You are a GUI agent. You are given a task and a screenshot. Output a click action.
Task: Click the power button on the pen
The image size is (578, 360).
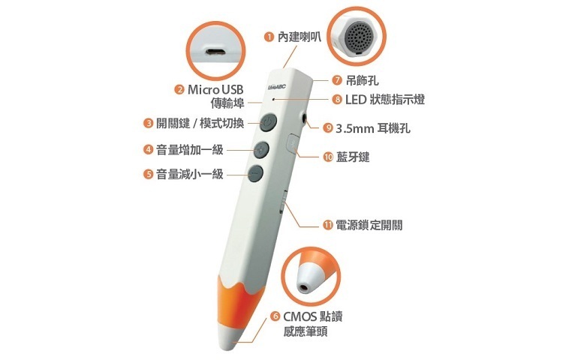[x=269, y=122]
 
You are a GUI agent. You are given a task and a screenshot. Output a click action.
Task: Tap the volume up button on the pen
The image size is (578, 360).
[x=261, y=149]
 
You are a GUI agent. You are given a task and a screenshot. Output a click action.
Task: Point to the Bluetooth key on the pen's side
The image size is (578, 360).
[x=293, y=143]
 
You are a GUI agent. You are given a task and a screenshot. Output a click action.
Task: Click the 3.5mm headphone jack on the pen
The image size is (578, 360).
[x=305, y=118]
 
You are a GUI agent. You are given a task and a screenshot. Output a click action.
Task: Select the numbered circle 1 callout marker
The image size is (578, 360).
[x=269, y=37]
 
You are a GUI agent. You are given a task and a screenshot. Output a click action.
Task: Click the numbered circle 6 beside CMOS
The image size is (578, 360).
[x=275, y=316]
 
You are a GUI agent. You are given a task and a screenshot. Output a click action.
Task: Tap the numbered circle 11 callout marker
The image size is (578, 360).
[x=328, y=225]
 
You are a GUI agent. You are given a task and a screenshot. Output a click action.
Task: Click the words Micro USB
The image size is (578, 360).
[x=215, y=89]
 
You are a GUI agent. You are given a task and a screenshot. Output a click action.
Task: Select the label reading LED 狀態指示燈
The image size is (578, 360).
[x=385, y=100]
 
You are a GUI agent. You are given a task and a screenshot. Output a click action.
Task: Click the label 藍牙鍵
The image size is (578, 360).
[x=353, y=157]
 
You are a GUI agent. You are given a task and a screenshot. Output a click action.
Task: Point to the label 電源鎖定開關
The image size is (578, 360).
[x=369, y=225]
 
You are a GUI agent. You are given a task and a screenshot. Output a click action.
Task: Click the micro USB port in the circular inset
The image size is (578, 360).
[x=215, y=52]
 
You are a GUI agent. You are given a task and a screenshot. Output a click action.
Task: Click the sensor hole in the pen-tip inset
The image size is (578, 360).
[x=305, y=286]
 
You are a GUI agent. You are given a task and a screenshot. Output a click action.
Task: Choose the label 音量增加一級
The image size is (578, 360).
[x=190, y=149]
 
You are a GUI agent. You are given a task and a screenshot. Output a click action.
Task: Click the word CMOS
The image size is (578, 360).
[x=298, y=316]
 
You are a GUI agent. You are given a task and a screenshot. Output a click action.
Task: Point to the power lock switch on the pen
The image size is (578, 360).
[x=283, y=202]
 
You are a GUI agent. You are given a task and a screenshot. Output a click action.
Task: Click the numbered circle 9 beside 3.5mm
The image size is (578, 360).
[x=328, y=127]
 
